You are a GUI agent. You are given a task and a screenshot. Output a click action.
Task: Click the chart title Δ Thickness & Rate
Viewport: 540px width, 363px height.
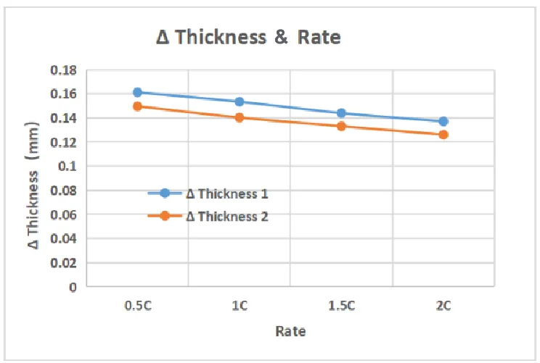pyautogui.click(x=248, y=38)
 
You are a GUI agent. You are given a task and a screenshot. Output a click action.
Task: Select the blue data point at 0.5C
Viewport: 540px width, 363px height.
pyautogui.click(x=137, y=92)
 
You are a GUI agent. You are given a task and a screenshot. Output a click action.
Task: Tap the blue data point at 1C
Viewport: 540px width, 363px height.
pyautogui.click(x=239, y=101)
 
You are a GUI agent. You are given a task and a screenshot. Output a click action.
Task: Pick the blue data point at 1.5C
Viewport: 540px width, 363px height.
pyautogui.click(x=341, y=113)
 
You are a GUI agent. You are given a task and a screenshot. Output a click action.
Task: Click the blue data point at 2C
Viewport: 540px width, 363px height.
pyautogui.click(x=443, y=121)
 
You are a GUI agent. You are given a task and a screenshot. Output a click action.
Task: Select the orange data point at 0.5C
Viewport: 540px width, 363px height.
pyautogui.click(x=137, y=106)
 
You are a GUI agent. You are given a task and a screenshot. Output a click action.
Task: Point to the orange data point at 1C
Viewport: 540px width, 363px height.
pyautogui.click(x=239, y=117)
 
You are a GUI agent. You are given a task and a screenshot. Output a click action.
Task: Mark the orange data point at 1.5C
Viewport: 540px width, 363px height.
pyautogui.click(x=341, y=126)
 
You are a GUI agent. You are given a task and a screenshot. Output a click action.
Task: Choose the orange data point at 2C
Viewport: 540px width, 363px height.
pyautogui.click(x=443, y=134)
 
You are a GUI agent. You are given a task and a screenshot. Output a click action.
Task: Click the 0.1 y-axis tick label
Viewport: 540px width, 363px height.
pyautogui.click(x=69, y=166)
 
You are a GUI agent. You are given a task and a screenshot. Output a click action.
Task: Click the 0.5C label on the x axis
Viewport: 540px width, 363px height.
pyautogui.click(x=137, y=306)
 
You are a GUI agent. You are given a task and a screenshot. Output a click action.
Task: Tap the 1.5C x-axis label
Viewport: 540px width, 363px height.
pyautogui.click(x=341, y=306)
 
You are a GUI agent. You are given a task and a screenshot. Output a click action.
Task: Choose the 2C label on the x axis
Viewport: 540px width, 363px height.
pyautogui.click(x=443, y=306)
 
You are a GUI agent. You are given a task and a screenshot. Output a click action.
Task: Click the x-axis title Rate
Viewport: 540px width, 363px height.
pyautogui.click(x=290, y=332)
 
